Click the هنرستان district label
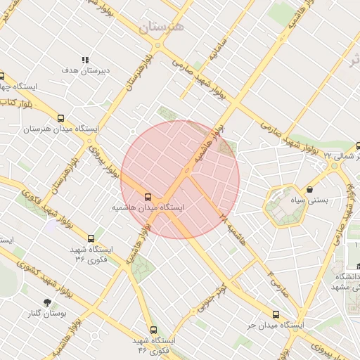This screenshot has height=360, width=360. pyautogui.click(x=160, y=27)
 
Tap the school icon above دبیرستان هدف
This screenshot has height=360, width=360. pyautogui.click(x=86, y=60)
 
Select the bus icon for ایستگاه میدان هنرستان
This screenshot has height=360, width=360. pyautogui.click(x=61, y=119)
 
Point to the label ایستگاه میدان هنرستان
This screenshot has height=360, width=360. pyautogui.click(x=61, y=129)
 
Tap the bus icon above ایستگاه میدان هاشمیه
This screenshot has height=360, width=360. pyautogui.click(x=148, y=198)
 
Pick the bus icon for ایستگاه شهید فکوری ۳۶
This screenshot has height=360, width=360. pyautogui.click(x=91, y=239)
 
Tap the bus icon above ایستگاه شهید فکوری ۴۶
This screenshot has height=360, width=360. pyautogui.click(x=153, y=329)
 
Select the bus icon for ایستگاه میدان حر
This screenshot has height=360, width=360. pyautogui.click(x=276, y=314)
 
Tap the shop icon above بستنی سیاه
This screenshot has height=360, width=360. pyautogui.click(x=310, y=189)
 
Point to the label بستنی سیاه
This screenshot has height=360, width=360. pyautogui.click(x=310, y=200)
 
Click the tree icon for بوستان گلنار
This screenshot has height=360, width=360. pyautogui.click(x=48, y=303)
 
